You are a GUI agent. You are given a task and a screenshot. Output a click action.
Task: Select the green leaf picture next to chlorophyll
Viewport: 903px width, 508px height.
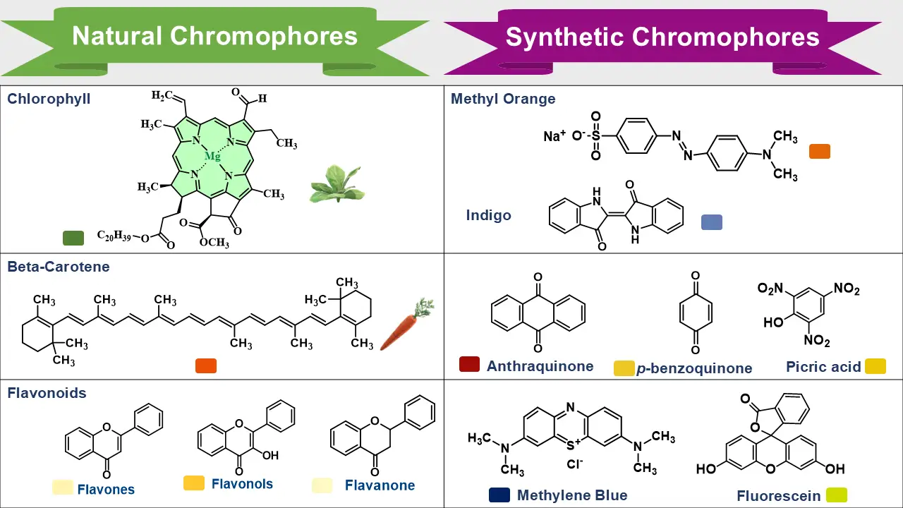(x=336, y=185)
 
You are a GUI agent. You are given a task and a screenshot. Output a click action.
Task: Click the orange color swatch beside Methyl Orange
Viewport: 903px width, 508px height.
(x=819, y=151)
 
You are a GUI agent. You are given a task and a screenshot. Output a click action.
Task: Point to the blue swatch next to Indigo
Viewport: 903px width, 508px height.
(x=711, y=222)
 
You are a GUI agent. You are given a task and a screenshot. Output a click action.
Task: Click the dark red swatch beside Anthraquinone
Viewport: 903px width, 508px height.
(x=469, y=364)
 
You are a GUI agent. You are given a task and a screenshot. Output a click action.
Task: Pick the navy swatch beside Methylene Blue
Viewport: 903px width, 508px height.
(x=499, y=495)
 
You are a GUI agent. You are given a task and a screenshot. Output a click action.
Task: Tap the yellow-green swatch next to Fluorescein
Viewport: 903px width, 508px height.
(x=836, y=495)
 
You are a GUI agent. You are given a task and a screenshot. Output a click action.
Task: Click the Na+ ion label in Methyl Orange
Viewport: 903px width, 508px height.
(x=554, y=136)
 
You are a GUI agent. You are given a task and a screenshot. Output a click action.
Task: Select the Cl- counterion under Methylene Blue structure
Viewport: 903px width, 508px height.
(x=576, y=465)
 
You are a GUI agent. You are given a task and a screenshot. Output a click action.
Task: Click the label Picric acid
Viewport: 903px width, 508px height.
(x=823, y=367)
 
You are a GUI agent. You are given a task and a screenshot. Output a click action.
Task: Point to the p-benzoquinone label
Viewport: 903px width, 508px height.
(x=694, y=368)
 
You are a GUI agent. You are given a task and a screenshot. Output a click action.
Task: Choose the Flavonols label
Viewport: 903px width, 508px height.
(x=242, y=484)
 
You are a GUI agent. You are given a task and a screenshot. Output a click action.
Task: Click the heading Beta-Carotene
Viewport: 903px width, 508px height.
(x=59, y=267)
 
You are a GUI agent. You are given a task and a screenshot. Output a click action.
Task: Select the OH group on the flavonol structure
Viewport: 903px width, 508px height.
(x=270, y=456)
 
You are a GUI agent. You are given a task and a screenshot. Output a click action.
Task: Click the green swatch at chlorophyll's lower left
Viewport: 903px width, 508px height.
(x=73, y=238)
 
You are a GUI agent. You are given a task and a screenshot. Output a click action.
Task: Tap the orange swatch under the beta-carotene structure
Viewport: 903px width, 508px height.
(x=206, y=365)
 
